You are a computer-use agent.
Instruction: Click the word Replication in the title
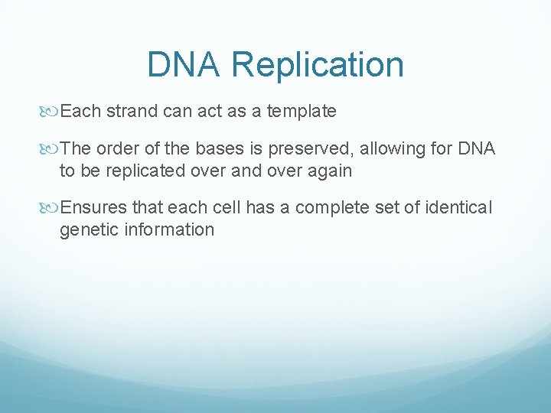(x=317, y=64)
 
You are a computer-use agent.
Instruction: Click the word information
(x=171, y=229)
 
